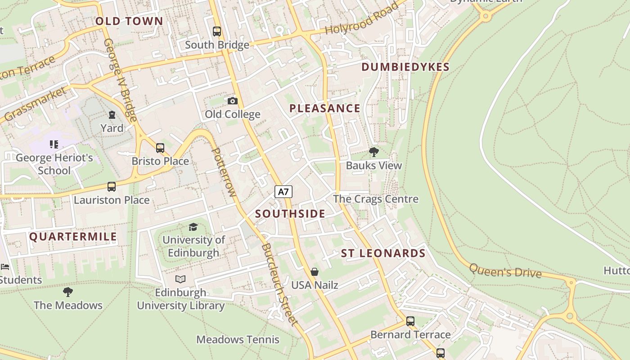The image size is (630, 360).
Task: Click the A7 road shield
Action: click(x=283, y=192)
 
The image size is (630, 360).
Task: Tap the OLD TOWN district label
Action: click(x=129, y=21)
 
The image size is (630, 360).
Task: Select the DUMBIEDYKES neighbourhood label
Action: click(x=405, y=67)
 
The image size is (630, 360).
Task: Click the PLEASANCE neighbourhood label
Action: click(x=324, y=108)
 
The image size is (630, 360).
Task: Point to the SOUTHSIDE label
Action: click(x=290, y=214)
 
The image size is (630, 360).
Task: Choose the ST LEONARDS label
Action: click(x=383, y=253)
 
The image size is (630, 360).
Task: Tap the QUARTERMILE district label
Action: click(x=73, y=237)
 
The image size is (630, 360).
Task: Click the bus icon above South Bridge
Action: click(x=217, y=31)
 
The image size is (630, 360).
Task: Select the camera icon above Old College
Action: click(x=232, y=101)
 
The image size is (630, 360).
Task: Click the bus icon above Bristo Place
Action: click(x=160, y=148)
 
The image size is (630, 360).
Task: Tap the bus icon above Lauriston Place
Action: click(x=111, y=186)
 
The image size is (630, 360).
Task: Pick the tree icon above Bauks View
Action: click(x=373, y=152)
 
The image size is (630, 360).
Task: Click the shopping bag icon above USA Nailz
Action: click(x=315, y=272)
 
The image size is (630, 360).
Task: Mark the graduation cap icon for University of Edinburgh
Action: click(x=193, y=227)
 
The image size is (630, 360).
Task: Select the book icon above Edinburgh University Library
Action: click(x=180, y=279)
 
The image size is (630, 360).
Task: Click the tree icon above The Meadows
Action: click(x=68, y=292)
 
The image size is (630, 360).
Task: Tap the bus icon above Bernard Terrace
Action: click(x=410, y=321)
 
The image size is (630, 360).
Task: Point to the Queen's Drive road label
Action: click(x=505, y=271)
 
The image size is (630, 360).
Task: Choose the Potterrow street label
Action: click(x=223, y=172)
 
